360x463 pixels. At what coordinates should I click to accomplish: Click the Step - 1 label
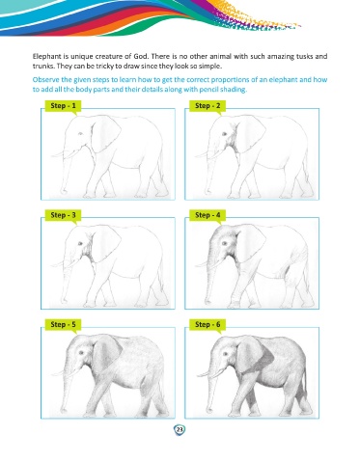[63, 106]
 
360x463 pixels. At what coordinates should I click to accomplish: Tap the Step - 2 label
[208, 106]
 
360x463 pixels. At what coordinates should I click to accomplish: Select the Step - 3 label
[63, 215]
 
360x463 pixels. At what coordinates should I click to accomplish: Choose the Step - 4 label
[208, 215]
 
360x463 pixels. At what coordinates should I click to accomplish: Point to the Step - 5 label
[63, 324]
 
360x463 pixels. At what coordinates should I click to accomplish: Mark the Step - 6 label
[208, 324]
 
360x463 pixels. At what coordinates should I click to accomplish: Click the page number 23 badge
[180, 429]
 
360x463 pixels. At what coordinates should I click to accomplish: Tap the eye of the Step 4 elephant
[224, 243]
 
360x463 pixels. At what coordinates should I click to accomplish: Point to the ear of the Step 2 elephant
[251, 134]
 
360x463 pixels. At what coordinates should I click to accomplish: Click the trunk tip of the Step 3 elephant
[64, 300]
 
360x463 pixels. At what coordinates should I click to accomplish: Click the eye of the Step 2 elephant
[224, 134]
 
